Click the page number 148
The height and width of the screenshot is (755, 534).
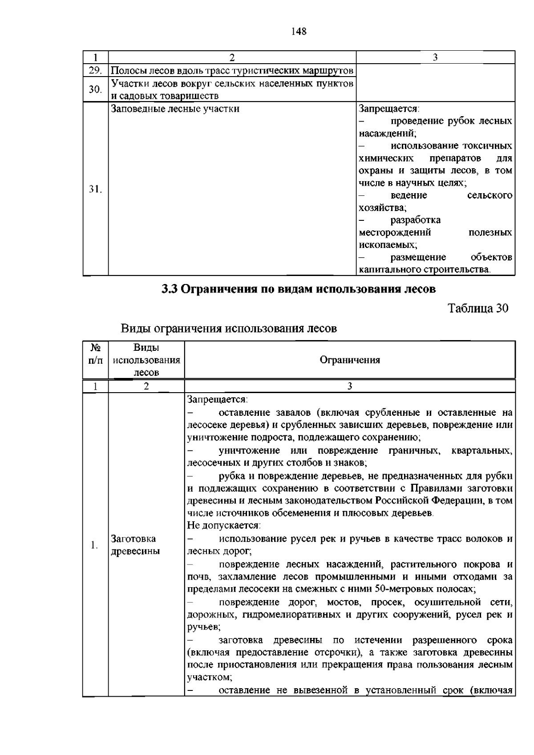point(299,31)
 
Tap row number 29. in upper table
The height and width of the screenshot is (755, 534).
point(95,70)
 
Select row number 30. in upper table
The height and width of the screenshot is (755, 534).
point(95,89)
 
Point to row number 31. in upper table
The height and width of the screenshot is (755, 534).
point(95,189)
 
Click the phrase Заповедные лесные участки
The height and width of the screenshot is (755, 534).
point(175,109)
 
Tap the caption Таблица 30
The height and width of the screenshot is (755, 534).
point(477,308)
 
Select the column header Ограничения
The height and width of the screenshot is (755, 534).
point(350,360)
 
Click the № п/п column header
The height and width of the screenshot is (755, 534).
point(95,353)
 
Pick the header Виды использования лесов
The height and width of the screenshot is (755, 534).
point(146,360)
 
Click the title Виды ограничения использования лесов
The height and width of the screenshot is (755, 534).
point(229,329)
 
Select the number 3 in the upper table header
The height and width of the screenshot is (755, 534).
point(435,57)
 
